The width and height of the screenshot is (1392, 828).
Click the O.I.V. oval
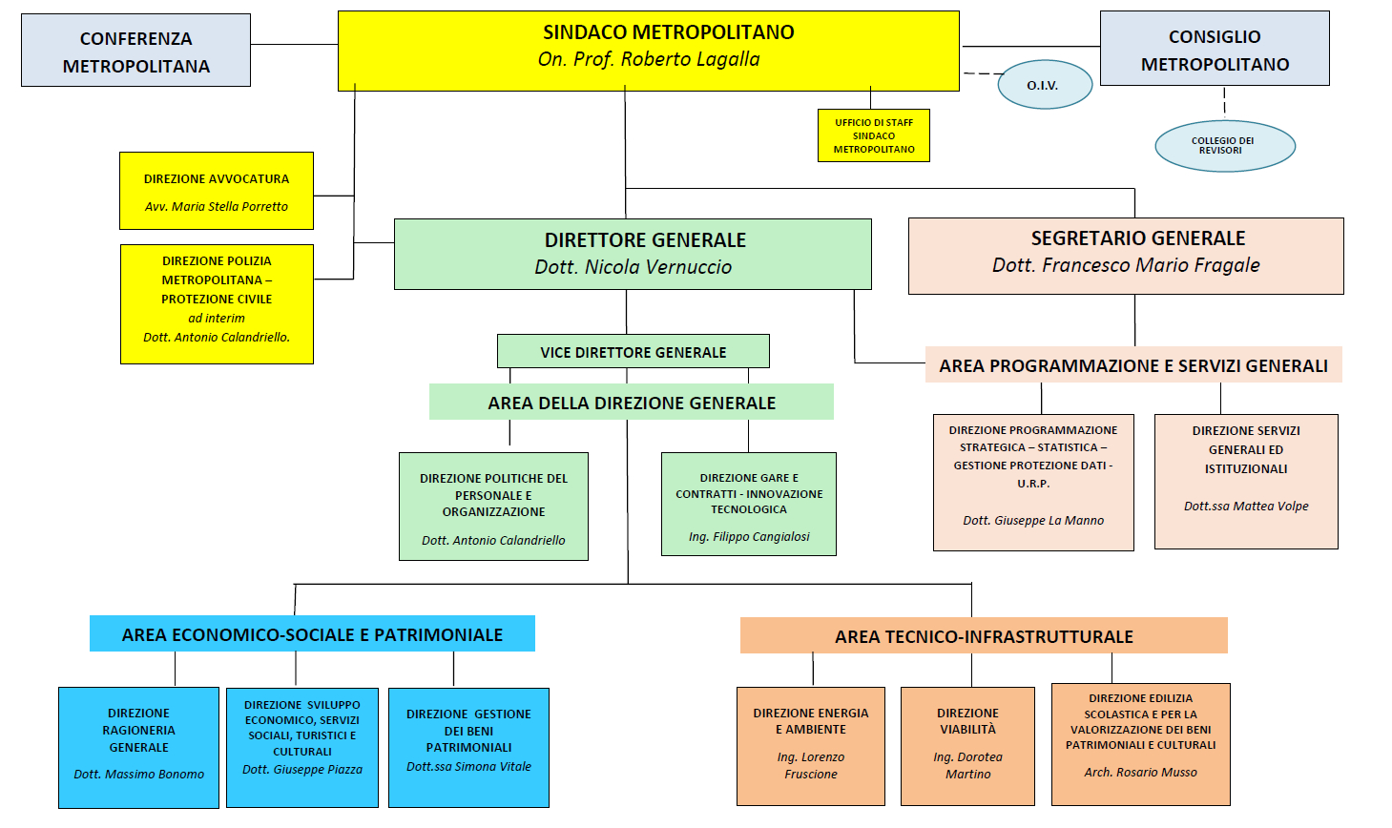click(x=1044, y=85)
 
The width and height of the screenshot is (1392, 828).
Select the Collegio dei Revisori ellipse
click(x=1224, y=146)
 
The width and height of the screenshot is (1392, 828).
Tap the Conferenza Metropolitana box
click(x=135, y=52)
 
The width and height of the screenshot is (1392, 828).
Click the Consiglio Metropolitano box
click(x=1215, y=50)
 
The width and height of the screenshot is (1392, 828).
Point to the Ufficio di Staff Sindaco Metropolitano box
click(x=874, y=135)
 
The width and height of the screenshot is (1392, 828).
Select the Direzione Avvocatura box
click(x=217, y=191)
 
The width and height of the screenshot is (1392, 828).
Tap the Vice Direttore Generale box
click(x=633, y=352)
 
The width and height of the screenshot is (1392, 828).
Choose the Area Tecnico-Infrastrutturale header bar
click(x=984, y=636)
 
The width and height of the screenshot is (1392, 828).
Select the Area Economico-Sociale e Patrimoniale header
click(x=312, y=634)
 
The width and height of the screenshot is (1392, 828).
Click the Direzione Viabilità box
click(x=967, y=745)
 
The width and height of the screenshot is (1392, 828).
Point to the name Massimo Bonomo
click(x=139, y=775)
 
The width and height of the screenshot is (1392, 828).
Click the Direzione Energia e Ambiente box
click(x=811, y=745)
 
